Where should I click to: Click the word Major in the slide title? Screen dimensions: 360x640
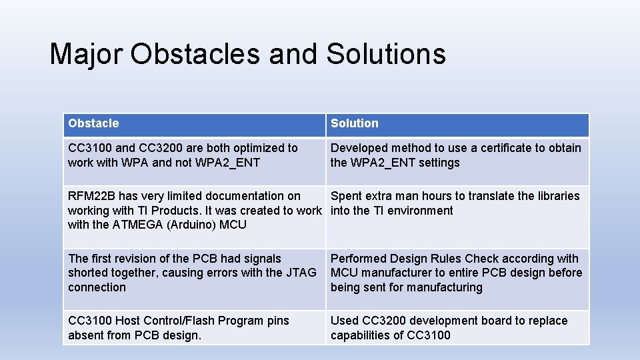coord(87,53)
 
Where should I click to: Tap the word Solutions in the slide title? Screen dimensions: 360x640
coord(386,53)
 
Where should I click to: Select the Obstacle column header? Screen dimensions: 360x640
coord(93,123)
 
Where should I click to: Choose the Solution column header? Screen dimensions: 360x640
coord(355,123)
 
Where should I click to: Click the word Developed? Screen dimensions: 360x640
coord(359,148)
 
